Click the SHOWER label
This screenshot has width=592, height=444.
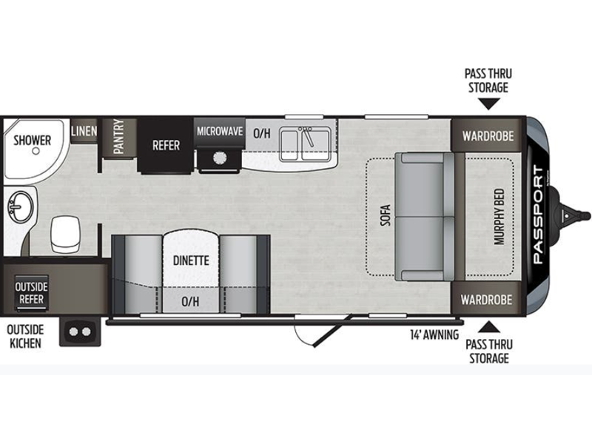point(32,141)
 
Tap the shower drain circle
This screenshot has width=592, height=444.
point(36,152)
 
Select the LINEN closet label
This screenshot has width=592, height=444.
point(84,131)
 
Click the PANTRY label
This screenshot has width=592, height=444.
point(118,137)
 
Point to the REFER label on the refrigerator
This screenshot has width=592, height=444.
point(166,145)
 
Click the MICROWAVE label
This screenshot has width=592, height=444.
point(220,131)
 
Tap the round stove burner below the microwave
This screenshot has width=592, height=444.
point(219,158)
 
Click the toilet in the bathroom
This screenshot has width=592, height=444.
point(66,234)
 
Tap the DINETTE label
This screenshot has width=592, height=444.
point(191,260)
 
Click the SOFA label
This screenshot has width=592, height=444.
point(386,215)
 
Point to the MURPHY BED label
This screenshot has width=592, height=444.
point(499,217)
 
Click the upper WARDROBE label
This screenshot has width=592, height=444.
point(488,136)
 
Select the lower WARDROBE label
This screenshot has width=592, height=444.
point(486,300)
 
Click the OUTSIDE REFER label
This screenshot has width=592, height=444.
point(31,293)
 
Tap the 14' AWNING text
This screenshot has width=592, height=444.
point(434,334)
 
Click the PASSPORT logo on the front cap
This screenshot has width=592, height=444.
point(539,215)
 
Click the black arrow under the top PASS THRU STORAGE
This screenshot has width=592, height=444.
point(488,104)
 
